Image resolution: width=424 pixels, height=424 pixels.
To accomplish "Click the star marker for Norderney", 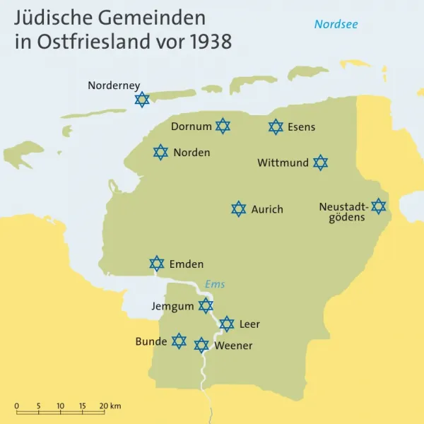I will point(142,100).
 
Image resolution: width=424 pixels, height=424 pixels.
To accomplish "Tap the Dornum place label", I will point(191,127).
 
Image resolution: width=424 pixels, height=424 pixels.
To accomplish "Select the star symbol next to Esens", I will point(276,126).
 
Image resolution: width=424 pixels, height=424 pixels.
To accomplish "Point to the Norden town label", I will point(192,153).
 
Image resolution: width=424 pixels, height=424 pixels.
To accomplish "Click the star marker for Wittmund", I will point(321,163).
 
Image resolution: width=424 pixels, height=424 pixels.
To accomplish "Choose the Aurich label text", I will point(267,209).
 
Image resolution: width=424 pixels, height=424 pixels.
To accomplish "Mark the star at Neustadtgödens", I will point(379,206).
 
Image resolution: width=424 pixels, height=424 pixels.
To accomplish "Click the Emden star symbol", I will point(157,264).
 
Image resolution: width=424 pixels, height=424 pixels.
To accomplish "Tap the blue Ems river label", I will point(215,284).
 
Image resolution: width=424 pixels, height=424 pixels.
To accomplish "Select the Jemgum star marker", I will point(206,305).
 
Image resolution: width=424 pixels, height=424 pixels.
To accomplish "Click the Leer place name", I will point(249,324).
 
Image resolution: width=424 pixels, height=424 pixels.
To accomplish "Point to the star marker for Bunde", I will point(179,341).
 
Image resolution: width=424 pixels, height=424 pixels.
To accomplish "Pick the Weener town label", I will point(233,346).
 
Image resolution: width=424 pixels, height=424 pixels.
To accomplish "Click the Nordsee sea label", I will point(336,25).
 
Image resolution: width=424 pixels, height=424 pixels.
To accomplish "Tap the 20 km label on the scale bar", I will point(110,406).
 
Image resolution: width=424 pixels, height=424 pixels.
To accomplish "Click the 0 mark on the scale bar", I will point(17,406).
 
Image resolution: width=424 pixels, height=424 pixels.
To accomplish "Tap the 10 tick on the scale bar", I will point(60,406).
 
